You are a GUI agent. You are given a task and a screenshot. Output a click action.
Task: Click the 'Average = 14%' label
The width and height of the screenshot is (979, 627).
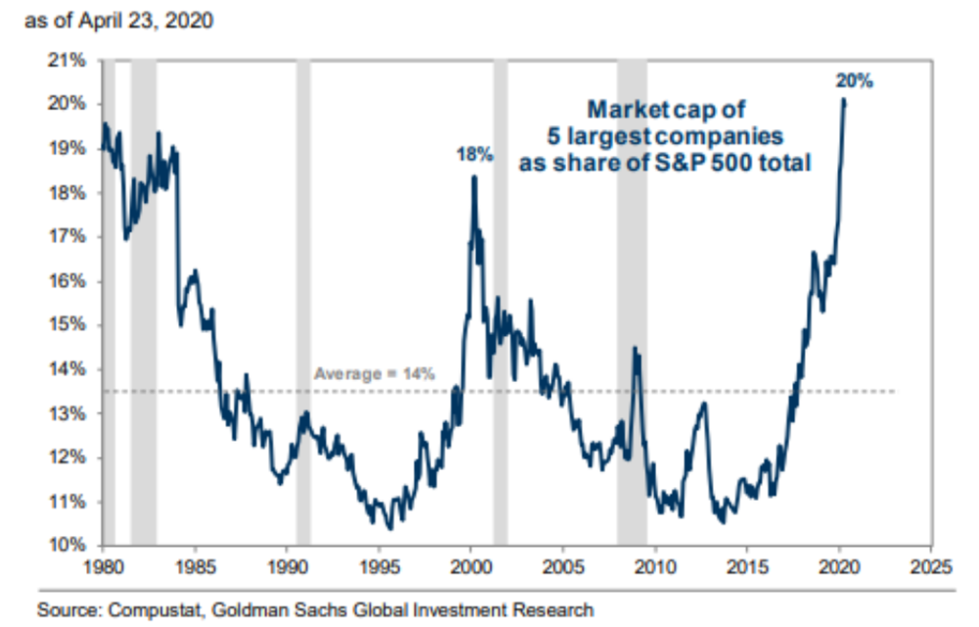pyautogui.click(x=373, y=373)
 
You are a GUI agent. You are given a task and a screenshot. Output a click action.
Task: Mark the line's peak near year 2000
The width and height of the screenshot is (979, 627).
pyautogui.click(x=474, y=177)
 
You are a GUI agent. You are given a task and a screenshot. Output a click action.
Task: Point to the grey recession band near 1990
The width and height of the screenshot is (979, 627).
pyautogui.click(x=303, y=294)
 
